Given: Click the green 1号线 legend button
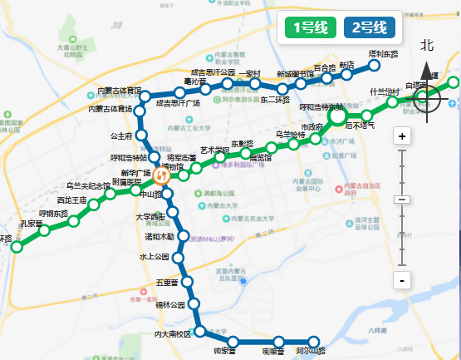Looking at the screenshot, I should pos(309,27).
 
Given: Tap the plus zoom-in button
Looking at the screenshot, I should pos(402,136).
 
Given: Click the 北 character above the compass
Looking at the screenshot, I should pos(427,46).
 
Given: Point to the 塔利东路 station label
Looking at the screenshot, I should pos(383,54).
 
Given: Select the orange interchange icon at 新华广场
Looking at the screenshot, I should pos(161,175).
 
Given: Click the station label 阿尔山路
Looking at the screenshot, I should pos(311,353).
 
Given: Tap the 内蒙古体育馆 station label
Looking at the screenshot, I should pos(120,90).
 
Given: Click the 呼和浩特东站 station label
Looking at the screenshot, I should pos(320,107).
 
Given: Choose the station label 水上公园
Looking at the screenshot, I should pos(154,257).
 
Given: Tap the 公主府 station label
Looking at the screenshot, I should pos(121,136).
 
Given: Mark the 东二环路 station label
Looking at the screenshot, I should pos(274,101).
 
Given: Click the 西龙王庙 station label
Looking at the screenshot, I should pos(71,200).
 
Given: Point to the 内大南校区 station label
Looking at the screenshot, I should pos(172,334).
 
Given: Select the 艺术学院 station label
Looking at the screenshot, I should pos(214,150).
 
